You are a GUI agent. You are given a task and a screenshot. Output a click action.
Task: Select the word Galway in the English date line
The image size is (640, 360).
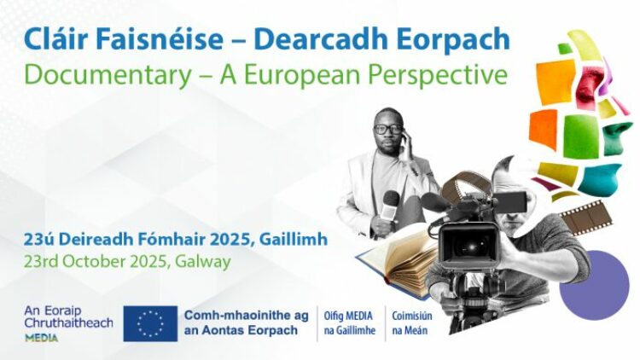tap(203, 262)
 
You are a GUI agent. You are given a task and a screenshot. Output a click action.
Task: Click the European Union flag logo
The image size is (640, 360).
tap(150, 323)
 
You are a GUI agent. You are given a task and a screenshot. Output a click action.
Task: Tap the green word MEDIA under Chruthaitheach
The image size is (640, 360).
tap(41, 338)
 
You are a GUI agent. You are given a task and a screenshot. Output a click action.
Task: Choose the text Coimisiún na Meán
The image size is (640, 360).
tap(412, 322)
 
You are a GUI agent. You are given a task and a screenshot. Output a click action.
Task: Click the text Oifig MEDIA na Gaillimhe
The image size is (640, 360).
tap(349, 322)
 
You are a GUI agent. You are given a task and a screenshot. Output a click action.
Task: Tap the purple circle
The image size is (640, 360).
tap(594, 285)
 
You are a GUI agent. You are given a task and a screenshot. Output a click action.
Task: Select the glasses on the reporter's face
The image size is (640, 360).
tap(387, 129)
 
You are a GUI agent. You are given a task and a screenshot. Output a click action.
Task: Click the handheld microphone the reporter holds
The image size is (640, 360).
tap(389, 208)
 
